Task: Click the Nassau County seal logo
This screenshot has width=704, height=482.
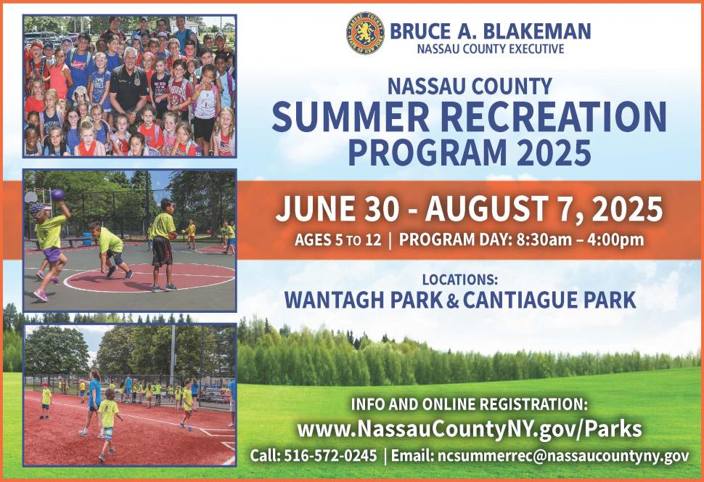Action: pyautogui.click(x=365, y=33)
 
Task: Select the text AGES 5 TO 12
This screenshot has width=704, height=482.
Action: pyautogui.click(x=337, y=240)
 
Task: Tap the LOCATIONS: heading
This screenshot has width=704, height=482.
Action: pyautogui.click(x=459, y=279)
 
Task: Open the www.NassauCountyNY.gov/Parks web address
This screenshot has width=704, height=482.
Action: pyautogui.click(x=469, y=429)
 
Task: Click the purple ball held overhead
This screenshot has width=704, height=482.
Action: pyautogui.click(x=57, y=195)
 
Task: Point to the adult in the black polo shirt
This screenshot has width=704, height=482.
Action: pyautogui.click(x=129, y=86)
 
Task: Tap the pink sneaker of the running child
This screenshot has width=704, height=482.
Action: pyautogui.click(x=41, y=295)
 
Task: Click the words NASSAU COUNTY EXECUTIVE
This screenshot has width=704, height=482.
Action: pyautogui.click(x=491, y=49)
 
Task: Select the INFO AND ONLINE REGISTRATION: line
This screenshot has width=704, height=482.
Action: pyautogui.click(x=469, y=404)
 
